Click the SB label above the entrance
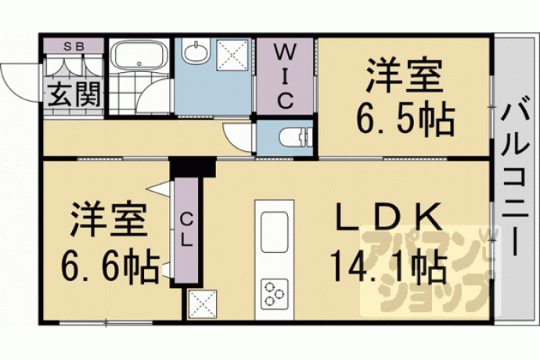(x=74, y=47)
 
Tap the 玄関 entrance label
(x=74, y=94)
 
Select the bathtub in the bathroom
(x=139, y=55)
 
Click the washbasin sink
(x=196, y=52)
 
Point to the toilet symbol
(x=295, y=137)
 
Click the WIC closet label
(x=286, y=77)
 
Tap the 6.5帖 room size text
(x=405, y=119)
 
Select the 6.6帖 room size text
(x=110, y=266)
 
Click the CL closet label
(x=186, y=229)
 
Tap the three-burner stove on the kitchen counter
(x=275, y=293)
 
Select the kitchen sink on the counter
(x=274, y=232)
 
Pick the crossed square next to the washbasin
(x=232, y=55)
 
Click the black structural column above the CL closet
(x=193, y=167)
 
